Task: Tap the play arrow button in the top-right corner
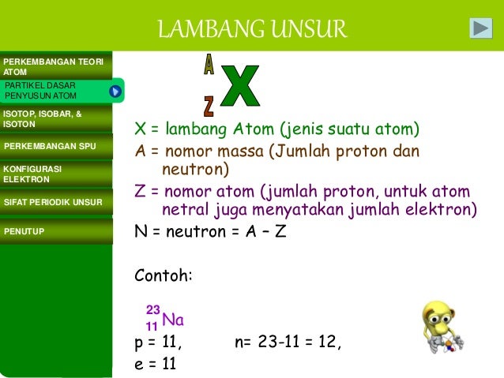click(x=480, y=28)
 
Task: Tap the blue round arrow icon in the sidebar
click(x=115, y=92)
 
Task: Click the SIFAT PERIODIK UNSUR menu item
click(x=54, y=203)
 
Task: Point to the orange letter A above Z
click(x=209, y=65)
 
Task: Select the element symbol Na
click(x=173, y=320)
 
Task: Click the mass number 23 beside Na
click(x=152, y=310)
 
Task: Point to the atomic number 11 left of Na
click(x=152, y=326)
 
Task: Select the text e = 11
click(x=155, y=364)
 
